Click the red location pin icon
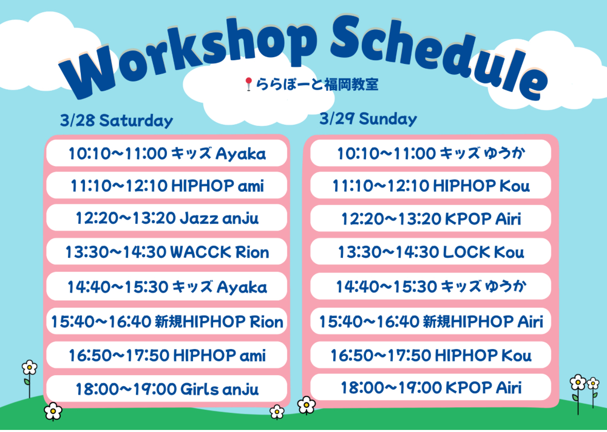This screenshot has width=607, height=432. pos(249,84)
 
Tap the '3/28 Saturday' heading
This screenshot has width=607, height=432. pos(116,121)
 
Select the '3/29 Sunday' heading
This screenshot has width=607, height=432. pos(368,119)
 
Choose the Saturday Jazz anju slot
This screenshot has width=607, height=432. pos(167,219)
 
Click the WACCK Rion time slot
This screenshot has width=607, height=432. pos(167,252)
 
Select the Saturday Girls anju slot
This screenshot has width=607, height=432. pos(167,389)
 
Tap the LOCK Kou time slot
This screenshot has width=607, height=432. pos(430,252)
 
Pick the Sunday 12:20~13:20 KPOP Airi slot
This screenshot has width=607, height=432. pos(430,219)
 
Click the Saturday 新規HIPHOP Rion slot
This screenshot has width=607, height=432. pos(167,322)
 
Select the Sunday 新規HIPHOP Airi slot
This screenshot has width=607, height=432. pos(430,322)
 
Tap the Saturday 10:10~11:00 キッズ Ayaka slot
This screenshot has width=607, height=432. pos(167,154)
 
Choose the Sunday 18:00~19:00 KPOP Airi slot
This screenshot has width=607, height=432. pos(430,387)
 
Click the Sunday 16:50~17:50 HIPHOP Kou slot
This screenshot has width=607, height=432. pos(430,355)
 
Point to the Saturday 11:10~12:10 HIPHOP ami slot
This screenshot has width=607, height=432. pos(167,186)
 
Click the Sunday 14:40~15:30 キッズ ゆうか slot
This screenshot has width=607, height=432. pos(430,287)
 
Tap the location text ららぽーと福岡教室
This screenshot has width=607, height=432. pos(317,84)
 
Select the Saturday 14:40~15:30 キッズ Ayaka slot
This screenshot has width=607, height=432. pos(167,287)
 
